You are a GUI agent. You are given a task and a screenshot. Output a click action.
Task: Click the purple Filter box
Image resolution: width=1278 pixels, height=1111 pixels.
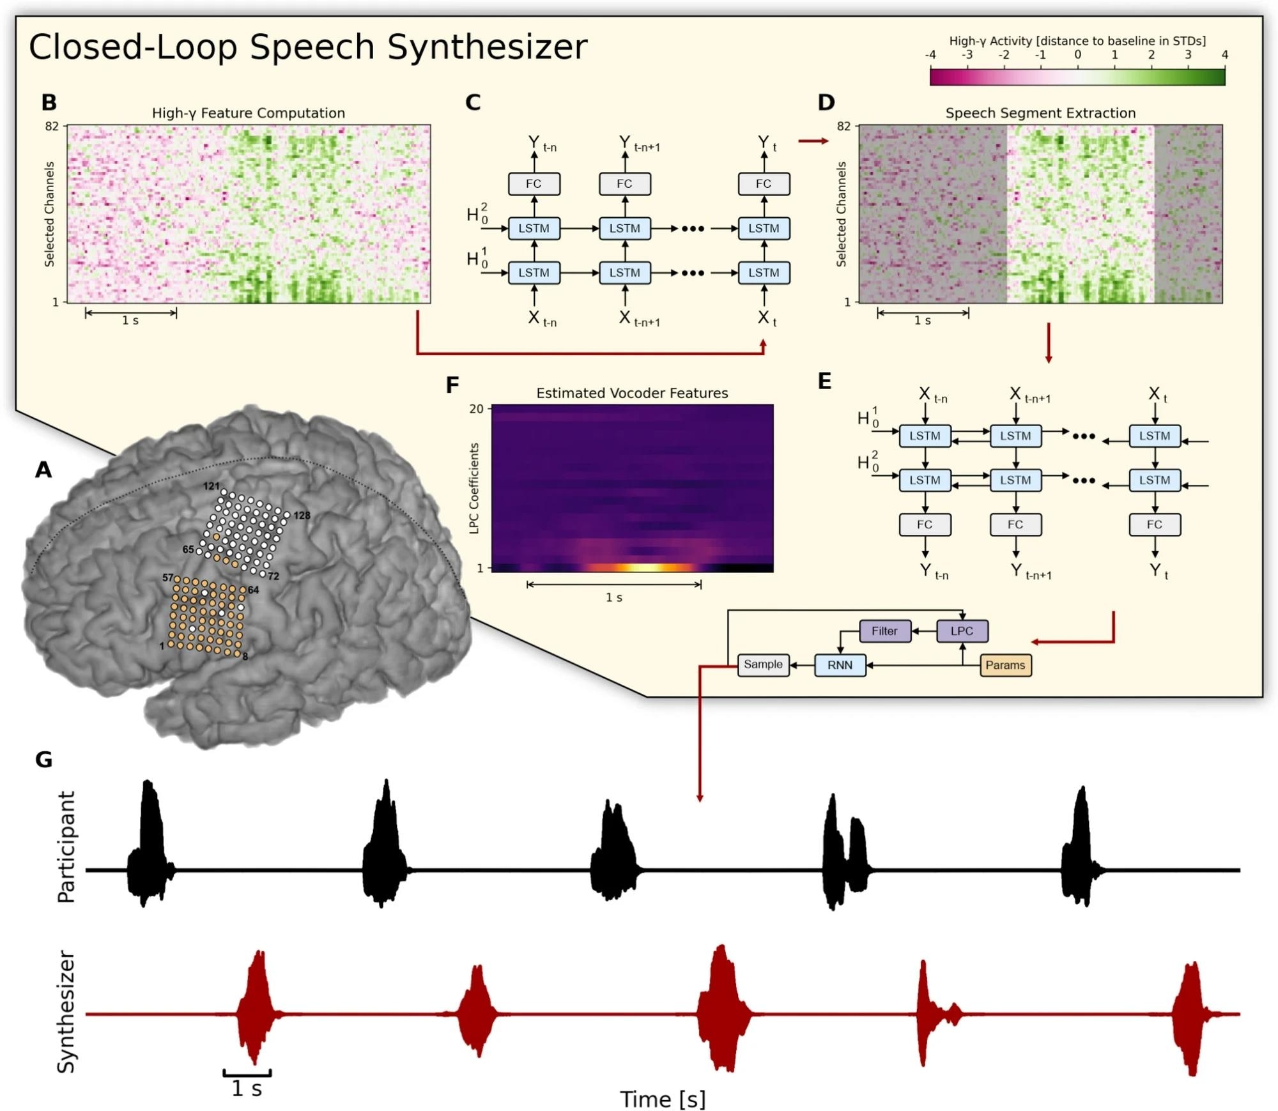pyautogui.click(x=885, y=631)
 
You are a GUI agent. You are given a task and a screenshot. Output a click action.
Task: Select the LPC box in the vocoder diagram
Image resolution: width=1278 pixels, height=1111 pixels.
pyautogui.click(x=962, y=631)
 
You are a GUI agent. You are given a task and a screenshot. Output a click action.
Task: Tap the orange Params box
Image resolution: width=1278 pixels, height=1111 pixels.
pyautogui.click(x=1005, y=665)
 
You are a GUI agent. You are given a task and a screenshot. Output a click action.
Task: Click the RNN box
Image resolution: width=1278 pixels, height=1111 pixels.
pyautogui.click(x=840, y=665)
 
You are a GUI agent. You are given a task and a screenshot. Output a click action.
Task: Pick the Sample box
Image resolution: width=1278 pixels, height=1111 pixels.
pyautogui.click(x=763, y=664)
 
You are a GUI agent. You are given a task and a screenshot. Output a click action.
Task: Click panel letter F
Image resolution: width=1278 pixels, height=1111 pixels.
pyautogui.click(x=452, y=385)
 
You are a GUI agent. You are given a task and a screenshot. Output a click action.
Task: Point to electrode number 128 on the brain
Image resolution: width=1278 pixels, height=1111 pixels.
pyautogui.click(x=302, y=516)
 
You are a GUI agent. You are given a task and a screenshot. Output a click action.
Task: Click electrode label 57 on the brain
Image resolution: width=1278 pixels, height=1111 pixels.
pyautogui.click(x=167, y=578)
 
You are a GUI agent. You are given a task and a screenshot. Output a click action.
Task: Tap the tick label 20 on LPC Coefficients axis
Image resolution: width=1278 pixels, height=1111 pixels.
pyautogui.click(x=477, y=409)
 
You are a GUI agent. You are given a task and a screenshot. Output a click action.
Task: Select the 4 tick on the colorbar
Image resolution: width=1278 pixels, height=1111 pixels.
pyautogui.click(x=1224, y=55)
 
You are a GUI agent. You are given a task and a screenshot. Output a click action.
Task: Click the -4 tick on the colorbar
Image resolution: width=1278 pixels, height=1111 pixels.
pyautogui.click(x=930, y=55)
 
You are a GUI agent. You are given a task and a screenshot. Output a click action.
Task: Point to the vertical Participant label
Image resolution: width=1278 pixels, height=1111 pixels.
pyautogui.click(x=66, y=847)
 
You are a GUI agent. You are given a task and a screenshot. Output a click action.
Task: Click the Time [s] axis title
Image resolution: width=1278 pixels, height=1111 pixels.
pyautogui.click(x=663, y=1099)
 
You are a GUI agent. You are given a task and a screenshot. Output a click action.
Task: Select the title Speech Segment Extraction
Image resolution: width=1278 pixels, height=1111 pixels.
pyautogui.click(x=1040, y=113)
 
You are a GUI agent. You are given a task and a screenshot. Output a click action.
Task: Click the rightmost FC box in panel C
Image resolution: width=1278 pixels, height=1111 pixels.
pyautogui.click(x=764, y=184)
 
